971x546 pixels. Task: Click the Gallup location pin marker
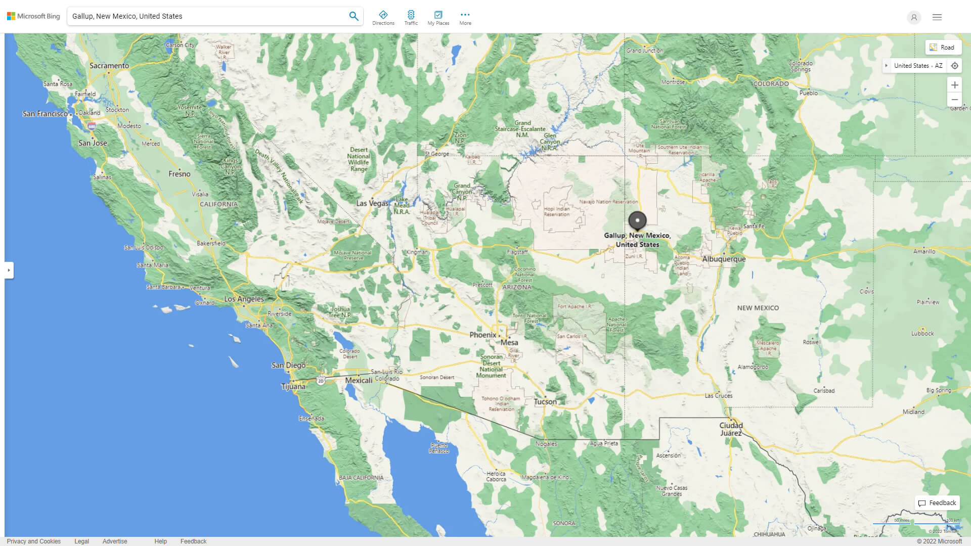[637, 220]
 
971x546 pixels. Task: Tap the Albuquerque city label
[724, 259]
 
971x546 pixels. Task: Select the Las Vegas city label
[372, 203]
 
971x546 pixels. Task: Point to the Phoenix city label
[482, 335]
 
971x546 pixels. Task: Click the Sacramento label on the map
[109, 66]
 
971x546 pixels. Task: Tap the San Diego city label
[288, 365]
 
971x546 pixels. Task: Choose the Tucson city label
[545, 402]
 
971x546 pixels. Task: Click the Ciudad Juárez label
[731, 429]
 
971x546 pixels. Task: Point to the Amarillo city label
[924, 251]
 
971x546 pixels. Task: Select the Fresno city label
[180, 174]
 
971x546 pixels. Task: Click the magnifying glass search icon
[354, 16]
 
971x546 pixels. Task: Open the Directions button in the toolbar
[383, 17]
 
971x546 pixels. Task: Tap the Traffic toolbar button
[411, 17]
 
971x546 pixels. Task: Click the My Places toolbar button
[438, 17]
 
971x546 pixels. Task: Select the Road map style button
[942, 48]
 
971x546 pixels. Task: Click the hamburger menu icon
[937, 17]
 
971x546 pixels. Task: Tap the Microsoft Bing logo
[33, 16]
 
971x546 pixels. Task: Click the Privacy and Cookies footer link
[34, 541]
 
